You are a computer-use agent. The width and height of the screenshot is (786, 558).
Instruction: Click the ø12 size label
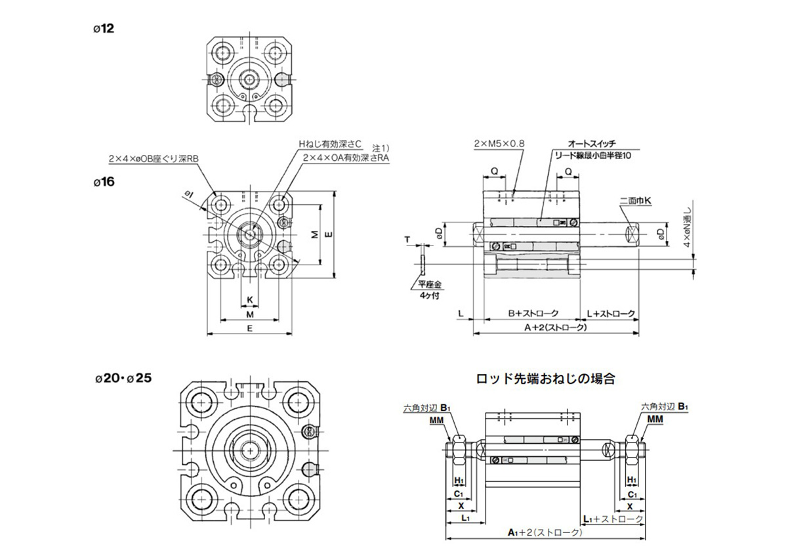coord(104,28)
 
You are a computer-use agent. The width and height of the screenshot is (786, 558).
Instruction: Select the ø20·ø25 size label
coord(123,379)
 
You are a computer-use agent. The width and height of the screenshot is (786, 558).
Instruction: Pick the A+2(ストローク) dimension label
coord(554,326)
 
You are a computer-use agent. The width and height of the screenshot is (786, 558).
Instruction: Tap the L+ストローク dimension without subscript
coord(610,314)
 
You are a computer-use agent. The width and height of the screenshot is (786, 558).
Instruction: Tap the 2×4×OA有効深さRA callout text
coord(345,158)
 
